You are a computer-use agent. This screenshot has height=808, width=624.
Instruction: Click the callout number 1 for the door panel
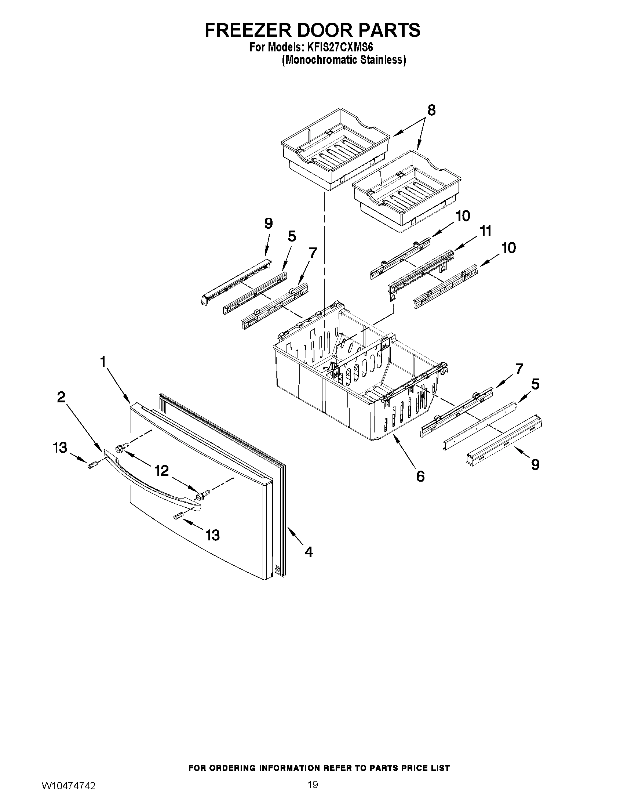(103, 361)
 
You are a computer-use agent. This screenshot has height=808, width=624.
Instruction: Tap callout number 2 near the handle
(61, 397)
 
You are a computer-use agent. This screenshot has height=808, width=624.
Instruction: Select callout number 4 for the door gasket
(309, 552)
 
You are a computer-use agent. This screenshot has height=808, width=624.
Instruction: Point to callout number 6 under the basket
(420, 476)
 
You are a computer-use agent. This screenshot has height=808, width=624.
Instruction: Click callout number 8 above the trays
(431, 110)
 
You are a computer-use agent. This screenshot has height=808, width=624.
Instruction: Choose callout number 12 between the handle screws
(161, 471)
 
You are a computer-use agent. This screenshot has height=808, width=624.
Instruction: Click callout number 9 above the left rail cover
(269, 224)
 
